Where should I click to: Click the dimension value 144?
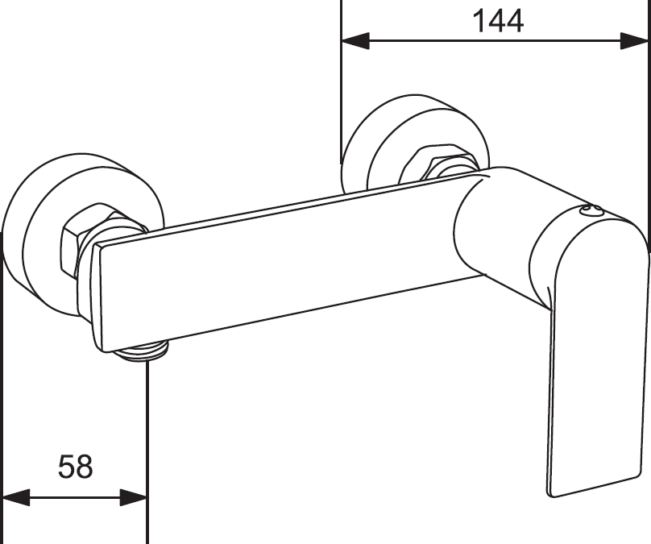[x=498, y=21]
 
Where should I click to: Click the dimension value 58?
[x=76, y=467]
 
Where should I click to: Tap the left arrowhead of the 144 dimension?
[x=355, y=40]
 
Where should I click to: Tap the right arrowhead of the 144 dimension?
[x=634, y=40]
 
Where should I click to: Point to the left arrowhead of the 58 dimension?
[x=16, y=497]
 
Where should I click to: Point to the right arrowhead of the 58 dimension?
[x=134, y=497]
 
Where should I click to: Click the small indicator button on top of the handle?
[x=590, y=210]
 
